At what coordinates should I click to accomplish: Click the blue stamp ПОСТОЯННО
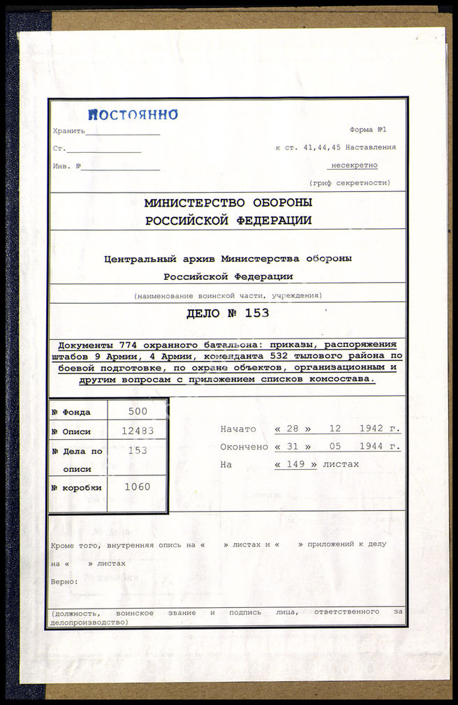(x=133, y=115)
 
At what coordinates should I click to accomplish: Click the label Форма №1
(x=368, y=130)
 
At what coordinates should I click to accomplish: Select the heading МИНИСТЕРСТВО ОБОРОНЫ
(x=228, y=203)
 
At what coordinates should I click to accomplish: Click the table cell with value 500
(x=138, y=412)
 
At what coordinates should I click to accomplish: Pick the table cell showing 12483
(x=138, y=431)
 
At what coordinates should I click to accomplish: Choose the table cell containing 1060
(x=138, y=487)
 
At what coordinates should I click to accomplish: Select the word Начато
(x=237, y=429)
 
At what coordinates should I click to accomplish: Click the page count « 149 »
(x=295, y=464)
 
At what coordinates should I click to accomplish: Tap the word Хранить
(x=68, y=131)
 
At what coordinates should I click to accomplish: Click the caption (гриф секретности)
(x=350, y=183)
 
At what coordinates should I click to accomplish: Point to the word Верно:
(x=64, y=581)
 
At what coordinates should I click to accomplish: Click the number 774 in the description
(x=108, y=345)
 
